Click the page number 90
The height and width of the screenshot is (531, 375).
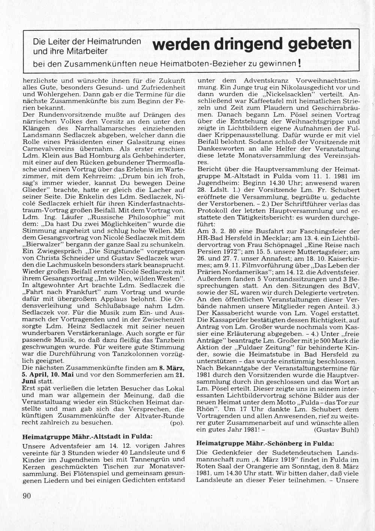coord(27,496)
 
